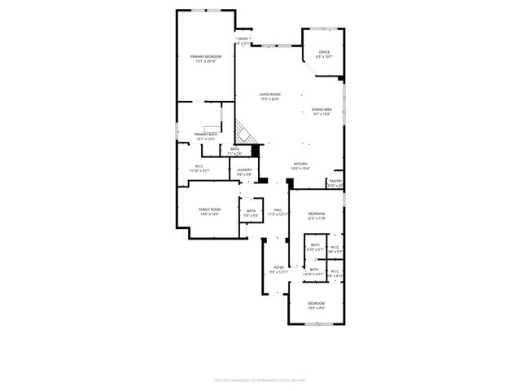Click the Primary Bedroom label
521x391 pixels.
(206, 55)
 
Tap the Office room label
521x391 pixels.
(324, 52)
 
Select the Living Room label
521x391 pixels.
(269, 94)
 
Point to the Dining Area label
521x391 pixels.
(322, 109)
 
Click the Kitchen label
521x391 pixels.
(300, 164)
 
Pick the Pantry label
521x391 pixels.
(335, 181)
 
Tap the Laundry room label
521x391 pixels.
(245, 169)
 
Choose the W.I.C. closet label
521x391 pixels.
(199, 167)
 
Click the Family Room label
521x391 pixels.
(209, 210)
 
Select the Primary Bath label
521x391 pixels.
(206, 134)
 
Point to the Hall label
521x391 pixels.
(278, 210)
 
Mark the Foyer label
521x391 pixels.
(278, 267)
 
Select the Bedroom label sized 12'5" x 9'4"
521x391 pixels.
(316, 303)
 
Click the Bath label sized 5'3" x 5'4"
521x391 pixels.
(252, 211)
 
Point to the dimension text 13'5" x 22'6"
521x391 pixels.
(269, 99)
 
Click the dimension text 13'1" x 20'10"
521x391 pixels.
(206, 60)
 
